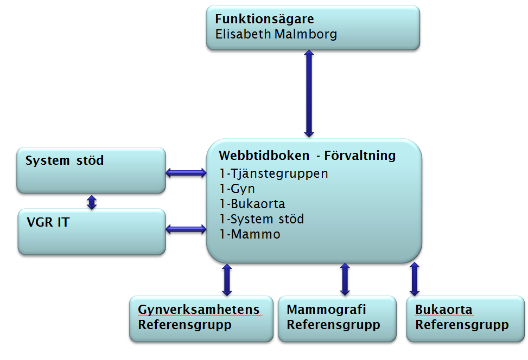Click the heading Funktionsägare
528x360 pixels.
264,19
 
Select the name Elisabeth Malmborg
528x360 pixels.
276,34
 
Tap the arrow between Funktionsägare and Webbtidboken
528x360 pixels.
309,93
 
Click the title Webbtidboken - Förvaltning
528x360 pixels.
307,156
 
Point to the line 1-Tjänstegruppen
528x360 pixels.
273,174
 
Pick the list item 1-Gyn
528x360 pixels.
237,189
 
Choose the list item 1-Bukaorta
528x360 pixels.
252,204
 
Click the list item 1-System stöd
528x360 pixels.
262,220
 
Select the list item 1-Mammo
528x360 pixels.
250,235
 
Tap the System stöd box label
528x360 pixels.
64,160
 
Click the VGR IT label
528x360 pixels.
48,222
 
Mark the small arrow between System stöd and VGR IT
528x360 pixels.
92,202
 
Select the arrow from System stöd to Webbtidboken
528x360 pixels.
186,173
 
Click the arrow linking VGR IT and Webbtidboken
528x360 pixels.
186,230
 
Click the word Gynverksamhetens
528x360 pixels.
199,311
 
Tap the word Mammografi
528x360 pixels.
326,310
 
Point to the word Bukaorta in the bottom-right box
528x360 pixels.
443,310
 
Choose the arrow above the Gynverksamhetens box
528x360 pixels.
227,280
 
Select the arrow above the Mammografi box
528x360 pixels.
344,280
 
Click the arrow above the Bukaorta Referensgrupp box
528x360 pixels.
415,280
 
